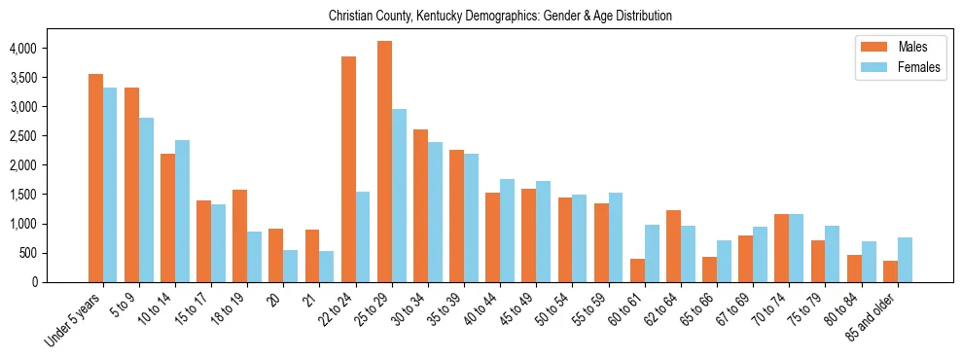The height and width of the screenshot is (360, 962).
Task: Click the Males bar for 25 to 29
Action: (384, 162)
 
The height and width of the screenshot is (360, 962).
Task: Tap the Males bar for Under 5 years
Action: (95, 178)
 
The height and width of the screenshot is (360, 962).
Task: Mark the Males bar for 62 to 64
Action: (673, 246)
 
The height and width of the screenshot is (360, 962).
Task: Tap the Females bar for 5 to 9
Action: (146, 199)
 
